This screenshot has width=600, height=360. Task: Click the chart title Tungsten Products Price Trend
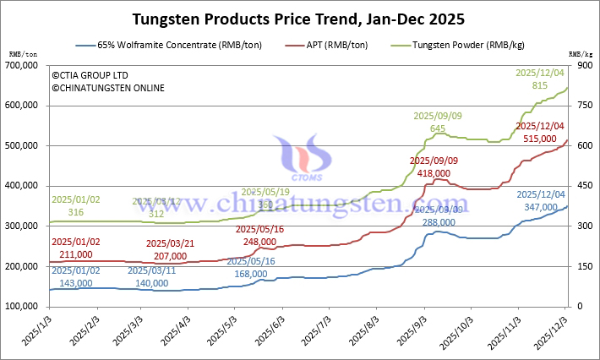(299, 18)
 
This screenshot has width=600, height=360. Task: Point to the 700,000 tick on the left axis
(28, 65)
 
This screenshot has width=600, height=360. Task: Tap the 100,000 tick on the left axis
(28, 306)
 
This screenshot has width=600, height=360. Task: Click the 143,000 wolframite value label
(73, 283)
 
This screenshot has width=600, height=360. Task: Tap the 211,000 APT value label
(73, 254)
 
